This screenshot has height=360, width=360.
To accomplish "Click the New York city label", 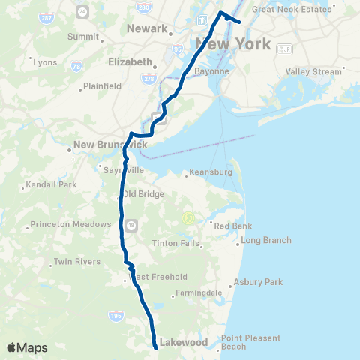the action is click(x=232, y=44).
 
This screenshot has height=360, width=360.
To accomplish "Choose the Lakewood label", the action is click(x=183, y=342).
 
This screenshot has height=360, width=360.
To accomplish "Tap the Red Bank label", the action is click(x=232, y=225).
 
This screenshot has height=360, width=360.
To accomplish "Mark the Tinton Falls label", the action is click(x=175, y=243).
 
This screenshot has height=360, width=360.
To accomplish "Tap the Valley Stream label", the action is click(x=313, y=71).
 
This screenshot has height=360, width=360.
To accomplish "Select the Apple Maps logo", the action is click(x=27, y=347).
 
